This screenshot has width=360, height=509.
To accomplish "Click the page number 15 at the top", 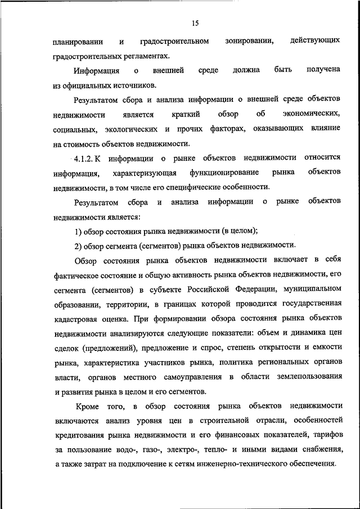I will tap(195, 23).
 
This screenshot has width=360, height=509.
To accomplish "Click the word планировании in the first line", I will tap(78, 42).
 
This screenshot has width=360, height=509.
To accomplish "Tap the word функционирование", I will tap(224, 172).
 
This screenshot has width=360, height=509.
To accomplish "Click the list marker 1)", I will tap(79, 231).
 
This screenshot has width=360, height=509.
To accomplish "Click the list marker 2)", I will tap(79, 245).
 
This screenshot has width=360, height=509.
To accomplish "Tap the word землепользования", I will tap(308, 377).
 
